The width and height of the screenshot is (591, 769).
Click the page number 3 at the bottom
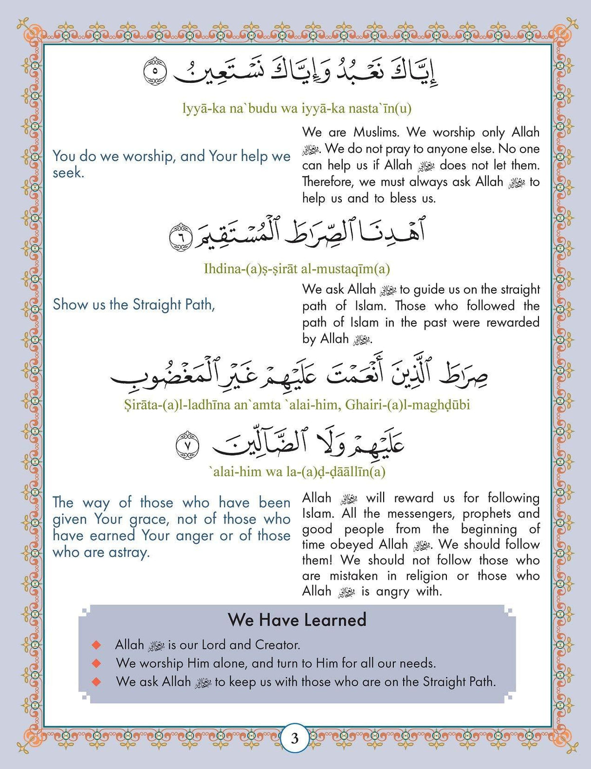295,738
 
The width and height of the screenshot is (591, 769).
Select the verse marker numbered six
181,237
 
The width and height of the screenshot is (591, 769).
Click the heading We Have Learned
297,620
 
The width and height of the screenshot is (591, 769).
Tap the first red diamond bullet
96,645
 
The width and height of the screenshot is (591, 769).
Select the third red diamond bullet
96,682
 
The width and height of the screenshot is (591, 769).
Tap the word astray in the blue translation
128,553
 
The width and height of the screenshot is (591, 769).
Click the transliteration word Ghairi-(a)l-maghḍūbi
407,405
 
